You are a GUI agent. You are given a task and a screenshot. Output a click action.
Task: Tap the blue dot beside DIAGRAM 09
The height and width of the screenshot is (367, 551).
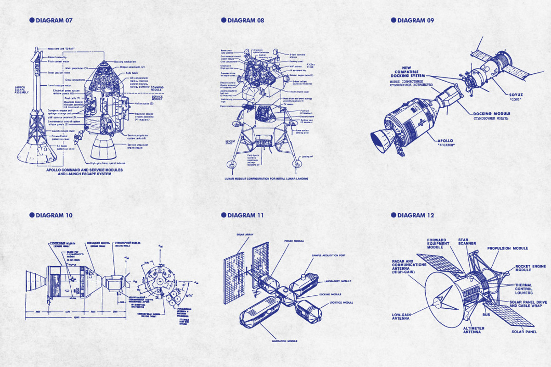pyautogui.click(x=394, y=20)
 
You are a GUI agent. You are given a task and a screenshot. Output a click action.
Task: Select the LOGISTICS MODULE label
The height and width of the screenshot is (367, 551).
pyautogui.click(x=341, y=303)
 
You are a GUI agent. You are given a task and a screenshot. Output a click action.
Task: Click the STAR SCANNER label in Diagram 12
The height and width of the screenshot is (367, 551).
pyautogui.click(x=467, y=241)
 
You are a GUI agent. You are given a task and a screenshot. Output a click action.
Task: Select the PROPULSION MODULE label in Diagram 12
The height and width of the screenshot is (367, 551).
pyautogui.click(x=507, y=248)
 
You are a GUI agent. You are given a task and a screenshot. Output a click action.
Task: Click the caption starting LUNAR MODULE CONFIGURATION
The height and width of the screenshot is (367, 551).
pyautogui.click(x=266, y=178)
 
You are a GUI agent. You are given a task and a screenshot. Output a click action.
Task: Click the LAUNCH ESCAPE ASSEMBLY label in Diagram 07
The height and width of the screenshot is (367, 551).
pyautogui.click(x=22, y=91)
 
